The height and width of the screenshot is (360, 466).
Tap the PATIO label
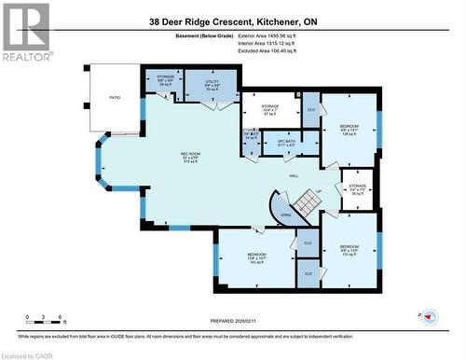tap(116, 97)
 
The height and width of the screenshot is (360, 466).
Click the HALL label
tap(294, 175)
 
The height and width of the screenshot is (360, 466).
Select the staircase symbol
tap(304, 199)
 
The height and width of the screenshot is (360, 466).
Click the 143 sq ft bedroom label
tap(257, 257)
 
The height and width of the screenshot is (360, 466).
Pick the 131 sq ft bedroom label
tap(349, 249)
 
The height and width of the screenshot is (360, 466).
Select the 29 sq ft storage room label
tap(165, 81)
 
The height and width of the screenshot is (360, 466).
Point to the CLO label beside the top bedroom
tap(310, 111)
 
